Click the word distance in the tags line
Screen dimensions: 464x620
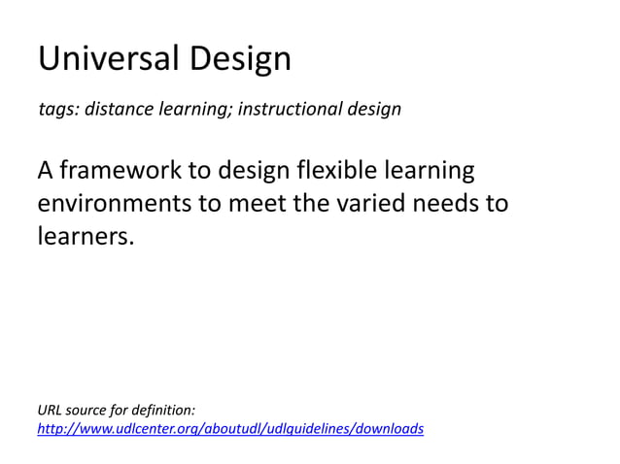tap(116, 109)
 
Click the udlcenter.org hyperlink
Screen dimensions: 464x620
tap(230, 428)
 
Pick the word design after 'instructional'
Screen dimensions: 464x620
tap(376, 110)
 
